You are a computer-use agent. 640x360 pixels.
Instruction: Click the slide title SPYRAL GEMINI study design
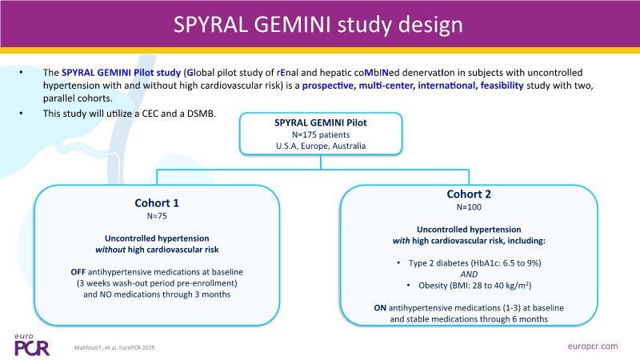pyautogui.click(x=319, y=24)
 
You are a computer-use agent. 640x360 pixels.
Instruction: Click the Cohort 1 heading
pyautogui.click(x=157, y=202)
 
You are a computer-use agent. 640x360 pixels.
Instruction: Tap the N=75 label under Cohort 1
pyautogui.click(x=157, y=216)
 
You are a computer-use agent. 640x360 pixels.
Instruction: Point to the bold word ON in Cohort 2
pyautogui.click(x=382, y=307)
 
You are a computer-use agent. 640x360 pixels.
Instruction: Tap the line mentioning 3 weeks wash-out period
pyautogui.click(x=157, y=283)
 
